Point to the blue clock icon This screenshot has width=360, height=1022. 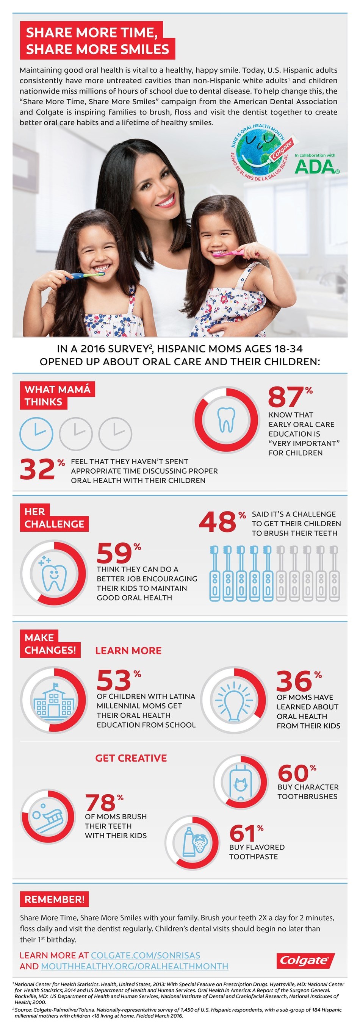coord(36,433)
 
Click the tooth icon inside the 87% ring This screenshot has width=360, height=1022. coord(226,419)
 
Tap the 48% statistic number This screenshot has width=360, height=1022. coord(218,522)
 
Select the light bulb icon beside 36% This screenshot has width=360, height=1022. coord(234,700)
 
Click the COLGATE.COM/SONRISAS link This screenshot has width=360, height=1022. coord(145,955)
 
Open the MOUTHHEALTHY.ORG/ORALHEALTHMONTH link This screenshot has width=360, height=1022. coord(135,966)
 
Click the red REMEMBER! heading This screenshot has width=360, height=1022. coord(54,899)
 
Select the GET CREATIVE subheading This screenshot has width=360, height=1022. coord(131,758)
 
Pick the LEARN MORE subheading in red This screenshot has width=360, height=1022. coord(128,650)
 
